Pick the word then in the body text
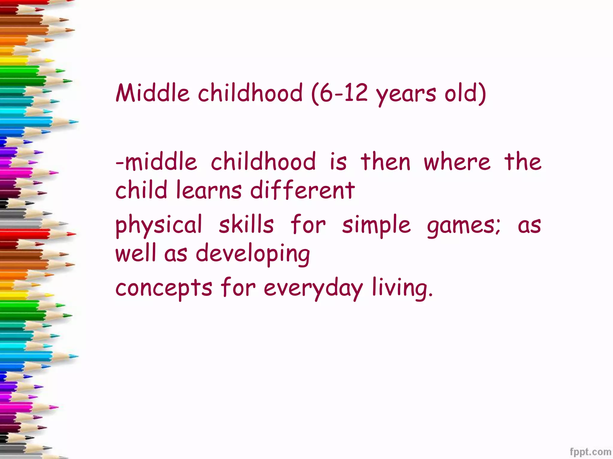(x=385, y=162)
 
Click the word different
(x=302, y=190)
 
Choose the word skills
(x=246, y=225)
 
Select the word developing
(x=253, y=254)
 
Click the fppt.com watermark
(x=590, y=452)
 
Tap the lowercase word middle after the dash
(x=161, y=162)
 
